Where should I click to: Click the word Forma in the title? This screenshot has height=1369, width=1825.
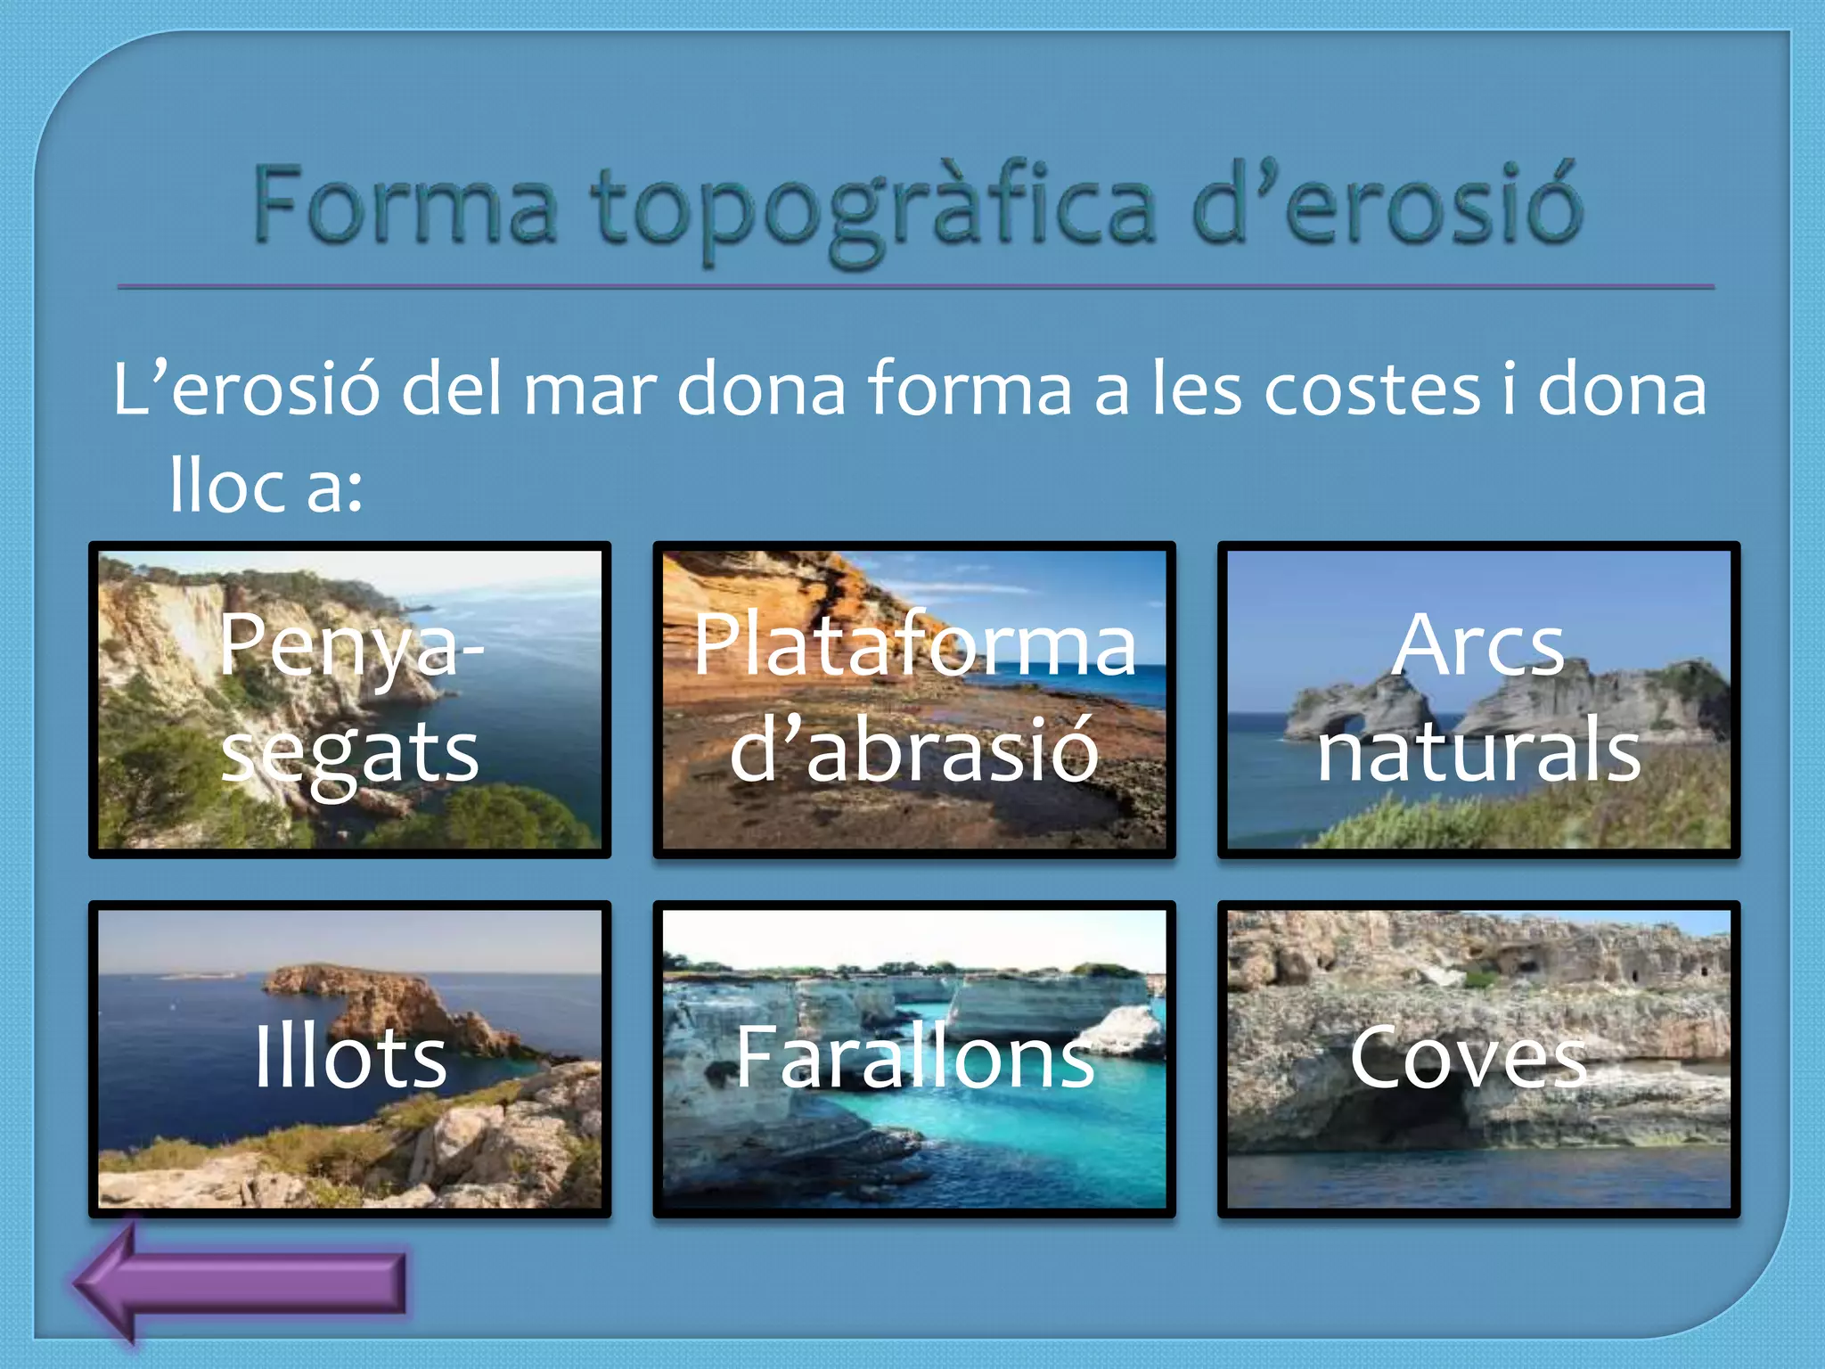pos(405,206)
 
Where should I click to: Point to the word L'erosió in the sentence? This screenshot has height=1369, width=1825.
pos(246,389)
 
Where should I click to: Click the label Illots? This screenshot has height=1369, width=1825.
pos(350,1057)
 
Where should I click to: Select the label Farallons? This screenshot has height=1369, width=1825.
pos(914,1057)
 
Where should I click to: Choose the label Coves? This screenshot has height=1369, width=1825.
pos(1468,1057)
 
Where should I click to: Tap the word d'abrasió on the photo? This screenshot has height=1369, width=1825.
pos(914,751)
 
